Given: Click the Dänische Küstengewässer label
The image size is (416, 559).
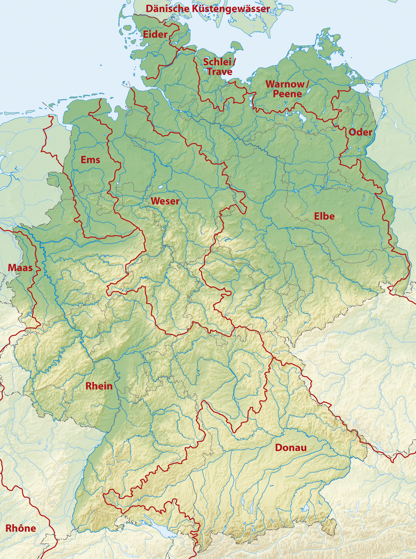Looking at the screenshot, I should (208, 9).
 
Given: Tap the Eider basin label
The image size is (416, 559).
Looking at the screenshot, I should (155, 34).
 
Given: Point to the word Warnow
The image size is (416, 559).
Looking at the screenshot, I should (285, 84).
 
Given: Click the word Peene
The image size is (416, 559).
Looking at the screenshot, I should (287, 94).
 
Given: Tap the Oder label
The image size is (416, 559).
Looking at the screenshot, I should (360, 132).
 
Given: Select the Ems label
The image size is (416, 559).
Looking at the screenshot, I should (90, 160).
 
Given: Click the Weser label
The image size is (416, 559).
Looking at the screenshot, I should (165, 201).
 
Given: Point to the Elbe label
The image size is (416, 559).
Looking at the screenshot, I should (324, 216).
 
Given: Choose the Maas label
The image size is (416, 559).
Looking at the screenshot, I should (20, 268).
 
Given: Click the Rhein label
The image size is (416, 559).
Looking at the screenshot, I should (99, 386).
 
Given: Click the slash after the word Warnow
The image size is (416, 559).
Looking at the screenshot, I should (307, 84).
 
